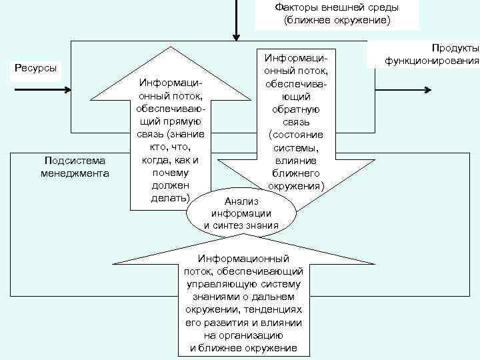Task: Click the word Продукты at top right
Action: pyautogui.click(x=455, y=49)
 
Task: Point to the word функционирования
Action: pyautogui.click(x=431, y=61)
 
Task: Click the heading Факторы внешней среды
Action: pyautogui.click(x=337, y=8)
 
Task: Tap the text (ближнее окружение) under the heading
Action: pyautogui.click(x=337, y=21)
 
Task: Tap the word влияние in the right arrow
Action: pyautogui.click(x=295, y=161)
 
